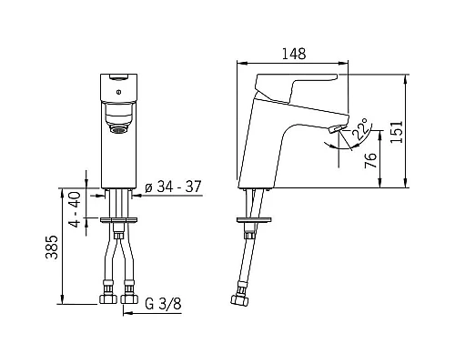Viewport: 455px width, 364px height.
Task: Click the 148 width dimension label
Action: (294, 54)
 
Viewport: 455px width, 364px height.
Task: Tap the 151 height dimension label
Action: (396, 132)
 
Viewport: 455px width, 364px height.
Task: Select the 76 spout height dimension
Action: (370, 160)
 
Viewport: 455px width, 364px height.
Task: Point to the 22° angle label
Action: (361, 129)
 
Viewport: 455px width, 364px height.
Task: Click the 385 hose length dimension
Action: (51, 248)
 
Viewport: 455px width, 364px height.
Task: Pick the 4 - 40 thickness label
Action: (75, 209)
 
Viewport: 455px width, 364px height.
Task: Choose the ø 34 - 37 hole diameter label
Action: (173, 187)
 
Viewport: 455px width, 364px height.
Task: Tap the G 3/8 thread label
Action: (163, 303)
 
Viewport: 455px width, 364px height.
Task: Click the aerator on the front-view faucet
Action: (118, 130)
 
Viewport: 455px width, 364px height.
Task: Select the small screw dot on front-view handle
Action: (119, 91)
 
